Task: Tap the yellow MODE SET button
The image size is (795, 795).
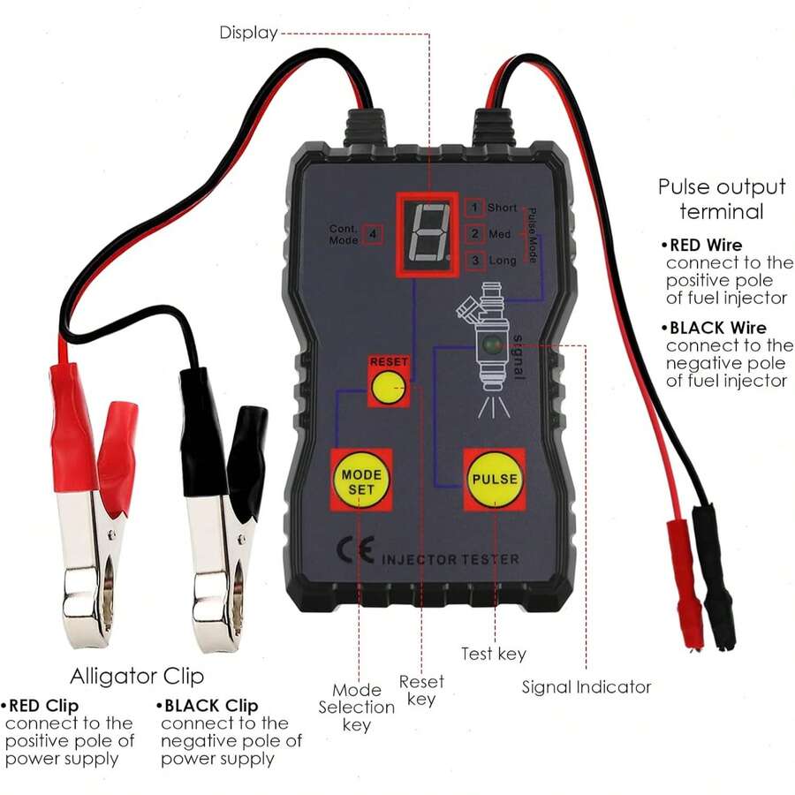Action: (x=361, y=481)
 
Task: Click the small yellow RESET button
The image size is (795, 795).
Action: (x=389, y=388)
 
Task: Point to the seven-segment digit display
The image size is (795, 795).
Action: (x=428, y=233)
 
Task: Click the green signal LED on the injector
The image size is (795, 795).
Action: (x=491, y=345)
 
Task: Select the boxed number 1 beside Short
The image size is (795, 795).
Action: (x=474, y=208)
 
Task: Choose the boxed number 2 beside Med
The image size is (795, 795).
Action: (x=474, y=234)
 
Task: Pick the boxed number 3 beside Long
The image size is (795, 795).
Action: (x=474, y=261)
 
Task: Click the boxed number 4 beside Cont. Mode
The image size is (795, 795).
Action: (x=373, y=234)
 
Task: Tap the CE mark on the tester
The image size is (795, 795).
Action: (x=356, y=549)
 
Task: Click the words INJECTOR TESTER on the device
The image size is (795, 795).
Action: (x=450, y=559)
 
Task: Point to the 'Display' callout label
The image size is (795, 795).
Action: (x=248, y=33)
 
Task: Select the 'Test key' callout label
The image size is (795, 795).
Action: (x=493, y=654)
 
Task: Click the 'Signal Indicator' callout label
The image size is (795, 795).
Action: (x=587, y=687)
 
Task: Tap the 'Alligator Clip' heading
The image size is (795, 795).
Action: (x=137, y=677)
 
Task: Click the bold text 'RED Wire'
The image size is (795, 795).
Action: (x=706, y=246)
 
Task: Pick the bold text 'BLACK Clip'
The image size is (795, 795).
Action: (x=211, y=706)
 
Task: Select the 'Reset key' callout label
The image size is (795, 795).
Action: (x=421, y=690)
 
